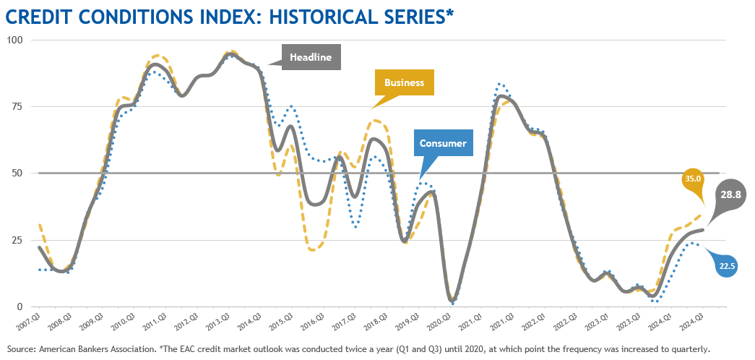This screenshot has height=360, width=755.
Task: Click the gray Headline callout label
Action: click(311, 57)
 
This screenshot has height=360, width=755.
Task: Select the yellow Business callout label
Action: click(404, 82)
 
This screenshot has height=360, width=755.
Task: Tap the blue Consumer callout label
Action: click(442, 143)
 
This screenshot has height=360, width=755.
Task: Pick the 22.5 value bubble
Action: click(727, 265)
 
